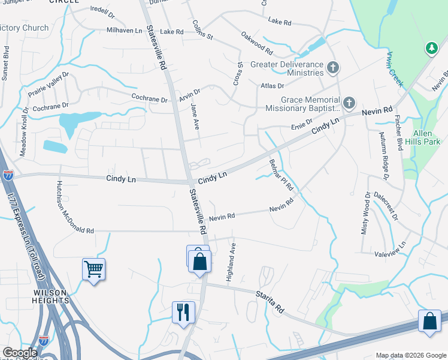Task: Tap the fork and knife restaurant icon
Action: pyautogui.click(x=183, y=312)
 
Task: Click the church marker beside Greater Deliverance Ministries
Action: pyautogui.click(x=334, y=69)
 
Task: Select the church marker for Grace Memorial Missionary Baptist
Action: pyautogui.click(x=349, y=104)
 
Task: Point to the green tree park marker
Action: pyautogui.click(x=431, y=49)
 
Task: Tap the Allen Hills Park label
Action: pyautogui.click(x=426, y=137)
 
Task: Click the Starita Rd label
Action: pyautogui.click(x=270, y=299)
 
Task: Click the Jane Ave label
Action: pyautogui.click(x=195, y=116)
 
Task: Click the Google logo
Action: pyautogui.click(x=20, y=353)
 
